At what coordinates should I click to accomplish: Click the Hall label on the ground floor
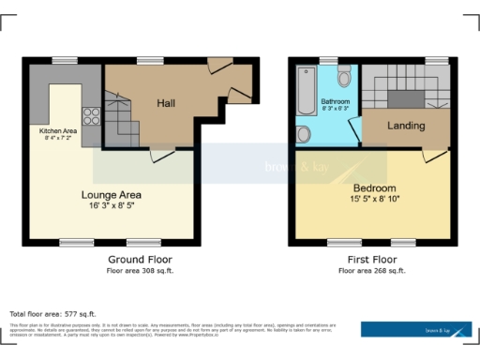(166, 103)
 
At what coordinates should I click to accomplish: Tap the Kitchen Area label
(58, 130)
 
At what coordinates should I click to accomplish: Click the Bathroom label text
(335, 100)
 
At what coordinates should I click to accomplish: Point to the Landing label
(405, 126)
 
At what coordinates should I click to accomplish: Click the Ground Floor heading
(139, 259)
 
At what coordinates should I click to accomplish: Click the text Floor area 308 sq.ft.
(139, 270)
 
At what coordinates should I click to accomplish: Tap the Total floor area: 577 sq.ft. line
(52, 313)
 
